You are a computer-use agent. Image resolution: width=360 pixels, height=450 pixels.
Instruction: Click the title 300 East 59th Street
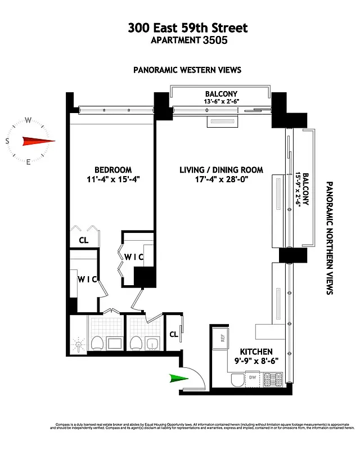[x=187, y=28]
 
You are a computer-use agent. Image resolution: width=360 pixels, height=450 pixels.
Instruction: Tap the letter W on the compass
[x=28, y=120]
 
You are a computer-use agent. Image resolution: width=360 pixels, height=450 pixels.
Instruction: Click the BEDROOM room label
[x=113, y=170]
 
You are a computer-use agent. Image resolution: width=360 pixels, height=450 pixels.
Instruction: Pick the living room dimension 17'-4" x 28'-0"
[x=221, y=180]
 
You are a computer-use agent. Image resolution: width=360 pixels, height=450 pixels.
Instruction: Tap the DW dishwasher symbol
[x=253, y=377]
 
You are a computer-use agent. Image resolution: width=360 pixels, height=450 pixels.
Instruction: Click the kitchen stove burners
[x=269, y=381]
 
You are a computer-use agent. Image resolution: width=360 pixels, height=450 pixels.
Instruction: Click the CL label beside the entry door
[x=174, y=334]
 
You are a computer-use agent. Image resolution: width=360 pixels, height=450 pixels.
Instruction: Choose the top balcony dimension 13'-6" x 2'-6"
[x=221, y=102]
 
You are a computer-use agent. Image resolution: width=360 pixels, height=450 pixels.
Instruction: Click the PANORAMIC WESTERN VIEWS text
[x=187, y=70]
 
